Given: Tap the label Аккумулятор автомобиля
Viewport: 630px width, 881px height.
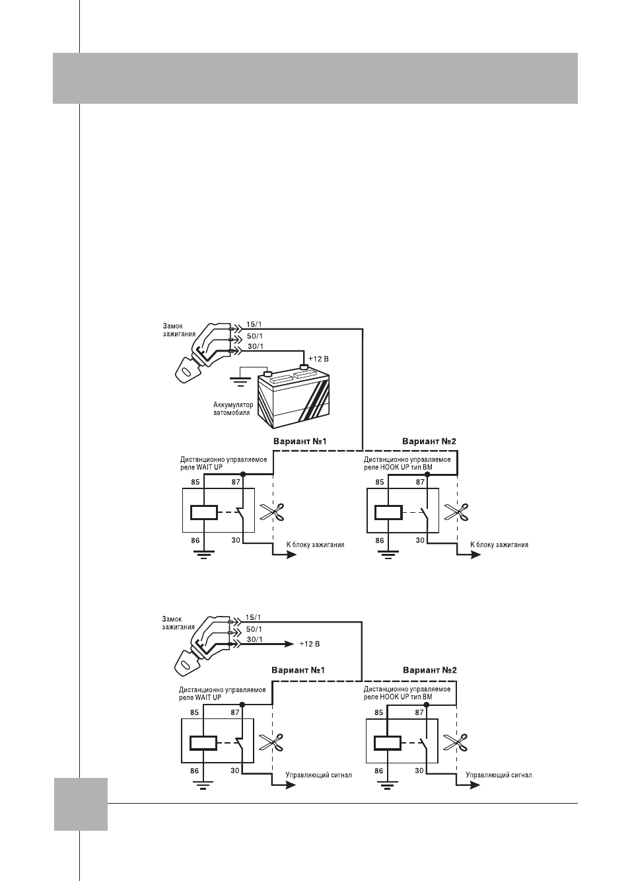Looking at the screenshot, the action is pyautogui.click(x=233, y=408).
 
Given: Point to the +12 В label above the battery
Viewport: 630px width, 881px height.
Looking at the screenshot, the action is pyautogui.click(x=318, y=359).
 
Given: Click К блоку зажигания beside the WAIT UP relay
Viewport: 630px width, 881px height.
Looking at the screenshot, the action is pyautogui.click(x=315, y=545).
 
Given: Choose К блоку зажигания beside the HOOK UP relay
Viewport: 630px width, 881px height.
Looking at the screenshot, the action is pyautogui.click(x=499, y=545).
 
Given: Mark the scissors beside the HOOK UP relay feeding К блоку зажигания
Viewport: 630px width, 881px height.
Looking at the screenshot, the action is pyautogui.click(x=456, y=512).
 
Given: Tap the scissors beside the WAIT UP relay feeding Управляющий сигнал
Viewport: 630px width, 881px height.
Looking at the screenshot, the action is pyautogui.click(x=271, y=743).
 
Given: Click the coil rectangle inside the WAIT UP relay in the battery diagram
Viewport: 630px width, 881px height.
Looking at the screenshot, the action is pyautogui.click(x=203, y=512).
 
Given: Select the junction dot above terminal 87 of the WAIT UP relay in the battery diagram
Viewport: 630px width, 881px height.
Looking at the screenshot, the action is pyautogui.click(x=243, y=475).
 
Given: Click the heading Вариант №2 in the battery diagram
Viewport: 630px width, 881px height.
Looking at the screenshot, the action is pyautogui.click(x=429, y=441).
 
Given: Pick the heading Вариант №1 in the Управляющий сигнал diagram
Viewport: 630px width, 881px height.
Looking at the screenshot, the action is pyautogui.click(x=298, y=670).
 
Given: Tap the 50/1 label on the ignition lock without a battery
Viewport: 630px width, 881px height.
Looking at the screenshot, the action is pyautogui.click(x=254, y=629).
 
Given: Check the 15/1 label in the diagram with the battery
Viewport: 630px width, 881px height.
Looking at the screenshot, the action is pyautogui.click(x=254, y=325).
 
